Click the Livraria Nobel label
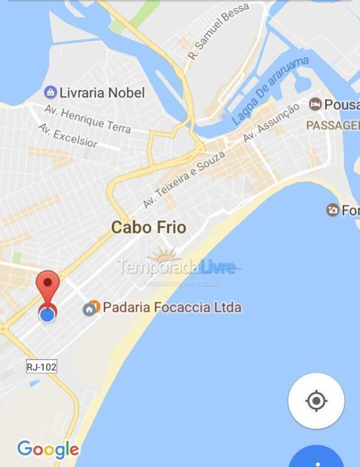[102, 92]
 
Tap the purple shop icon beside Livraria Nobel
[49, 92]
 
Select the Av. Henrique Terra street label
[88, 119]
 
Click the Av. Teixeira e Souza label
[184, 179]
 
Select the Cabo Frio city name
[149, 227]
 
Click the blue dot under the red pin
[47, 315]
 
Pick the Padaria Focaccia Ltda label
[171, 307]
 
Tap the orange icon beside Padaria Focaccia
[91, 307]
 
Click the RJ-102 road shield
[42, 366]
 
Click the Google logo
[47, 449]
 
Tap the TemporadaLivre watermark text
[175, 266]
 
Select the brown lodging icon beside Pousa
[315, 104]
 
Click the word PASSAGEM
[332, 125]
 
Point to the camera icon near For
[332, 210]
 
